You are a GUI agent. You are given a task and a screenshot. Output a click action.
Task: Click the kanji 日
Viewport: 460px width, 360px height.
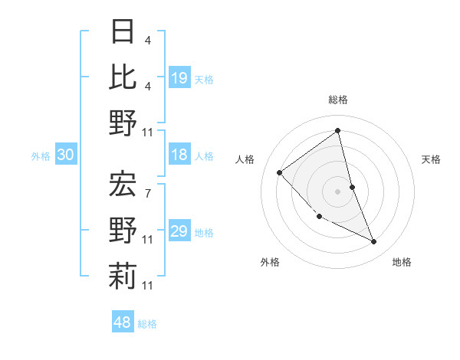123,31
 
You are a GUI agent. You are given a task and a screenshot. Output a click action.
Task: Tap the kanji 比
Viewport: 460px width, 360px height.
123,77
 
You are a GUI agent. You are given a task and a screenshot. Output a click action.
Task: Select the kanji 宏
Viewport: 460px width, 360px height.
123,184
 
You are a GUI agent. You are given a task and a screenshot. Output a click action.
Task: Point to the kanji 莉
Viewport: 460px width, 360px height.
123,276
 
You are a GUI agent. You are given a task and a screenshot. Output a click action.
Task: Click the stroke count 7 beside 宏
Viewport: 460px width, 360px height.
148,193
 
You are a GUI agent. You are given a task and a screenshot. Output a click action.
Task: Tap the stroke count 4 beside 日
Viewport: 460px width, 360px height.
148,39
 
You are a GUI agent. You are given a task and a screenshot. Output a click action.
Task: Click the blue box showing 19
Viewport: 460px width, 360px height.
179,78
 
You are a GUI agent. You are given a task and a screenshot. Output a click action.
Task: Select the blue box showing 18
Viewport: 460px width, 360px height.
179,155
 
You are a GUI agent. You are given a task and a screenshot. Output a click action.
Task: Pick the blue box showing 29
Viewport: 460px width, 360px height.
179,232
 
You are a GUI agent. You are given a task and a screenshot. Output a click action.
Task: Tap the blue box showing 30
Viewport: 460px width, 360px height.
66,155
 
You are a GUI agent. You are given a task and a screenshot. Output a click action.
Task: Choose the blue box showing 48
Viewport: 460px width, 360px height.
123,322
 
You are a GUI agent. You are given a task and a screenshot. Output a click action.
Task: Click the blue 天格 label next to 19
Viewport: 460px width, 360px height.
204,80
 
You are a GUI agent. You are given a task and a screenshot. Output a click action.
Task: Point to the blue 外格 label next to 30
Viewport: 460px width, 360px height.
41,156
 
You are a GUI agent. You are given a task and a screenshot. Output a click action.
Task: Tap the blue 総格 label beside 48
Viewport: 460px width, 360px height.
147,324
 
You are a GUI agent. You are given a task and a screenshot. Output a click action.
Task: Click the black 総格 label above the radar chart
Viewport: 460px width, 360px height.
338,100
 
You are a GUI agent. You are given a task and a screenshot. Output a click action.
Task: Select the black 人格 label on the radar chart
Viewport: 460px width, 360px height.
245,159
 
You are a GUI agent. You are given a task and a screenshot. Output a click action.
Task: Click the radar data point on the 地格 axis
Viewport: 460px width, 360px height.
374,242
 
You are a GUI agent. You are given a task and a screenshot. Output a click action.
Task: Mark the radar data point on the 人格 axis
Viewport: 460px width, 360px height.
280,172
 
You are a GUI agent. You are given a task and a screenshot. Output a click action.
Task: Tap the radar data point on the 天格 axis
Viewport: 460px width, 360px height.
352,187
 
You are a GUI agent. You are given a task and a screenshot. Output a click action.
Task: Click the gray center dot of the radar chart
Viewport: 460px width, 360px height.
338,191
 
